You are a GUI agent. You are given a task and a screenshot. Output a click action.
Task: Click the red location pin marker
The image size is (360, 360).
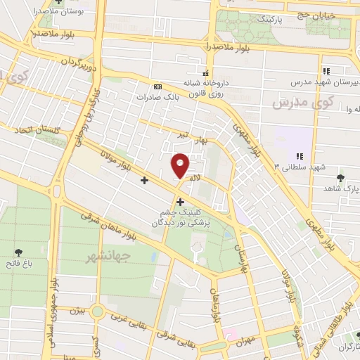click(181, 165)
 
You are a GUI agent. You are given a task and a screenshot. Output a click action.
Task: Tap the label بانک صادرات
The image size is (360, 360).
click(179, 98)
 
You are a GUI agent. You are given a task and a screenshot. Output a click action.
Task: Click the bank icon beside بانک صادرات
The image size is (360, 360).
click(157, 86)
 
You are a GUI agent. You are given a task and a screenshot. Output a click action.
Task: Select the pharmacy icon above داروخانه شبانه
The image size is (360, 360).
click(205, 73)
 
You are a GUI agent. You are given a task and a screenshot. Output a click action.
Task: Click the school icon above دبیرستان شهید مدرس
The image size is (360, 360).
click(326, 71)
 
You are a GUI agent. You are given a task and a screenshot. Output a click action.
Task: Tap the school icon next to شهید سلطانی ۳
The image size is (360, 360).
click(300, 155)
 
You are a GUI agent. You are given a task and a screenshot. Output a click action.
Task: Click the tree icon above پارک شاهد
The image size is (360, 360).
click(341, 178)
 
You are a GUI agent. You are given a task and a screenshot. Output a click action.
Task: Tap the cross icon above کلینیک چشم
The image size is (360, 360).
click(181, 202)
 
